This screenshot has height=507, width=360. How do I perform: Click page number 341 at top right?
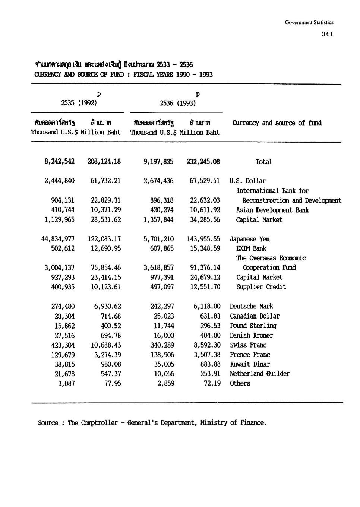point(327,34)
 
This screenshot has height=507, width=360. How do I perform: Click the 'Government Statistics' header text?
point(309,22)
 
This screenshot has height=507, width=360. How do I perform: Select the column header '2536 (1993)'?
point(178,103)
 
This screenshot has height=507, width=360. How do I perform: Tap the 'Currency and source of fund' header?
point(277,123)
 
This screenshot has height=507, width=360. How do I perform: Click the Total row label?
point(263,162)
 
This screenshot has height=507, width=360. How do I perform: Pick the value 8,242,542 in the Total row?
point(59,161)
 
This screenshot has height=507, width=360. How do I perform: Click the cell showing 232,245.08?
point(203,161)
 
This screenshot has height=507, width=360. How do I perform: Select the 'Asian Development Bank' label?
point(272,210)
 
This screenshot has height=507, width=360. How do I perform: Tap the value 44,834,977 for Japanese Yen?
point(58,239)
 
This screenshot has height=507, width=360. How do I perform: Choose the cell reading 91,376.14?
point(205,267)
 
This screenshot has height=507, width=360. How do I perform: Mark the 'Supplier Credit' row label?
point(261,287)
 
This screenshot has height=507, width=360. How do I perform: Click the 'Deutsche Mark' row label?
point(251,306)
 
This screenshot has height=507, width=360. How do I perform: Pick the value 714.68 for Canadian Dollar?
point(111,316)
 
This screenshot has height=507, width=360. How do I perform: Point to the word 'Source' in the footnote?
point(48,423)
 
